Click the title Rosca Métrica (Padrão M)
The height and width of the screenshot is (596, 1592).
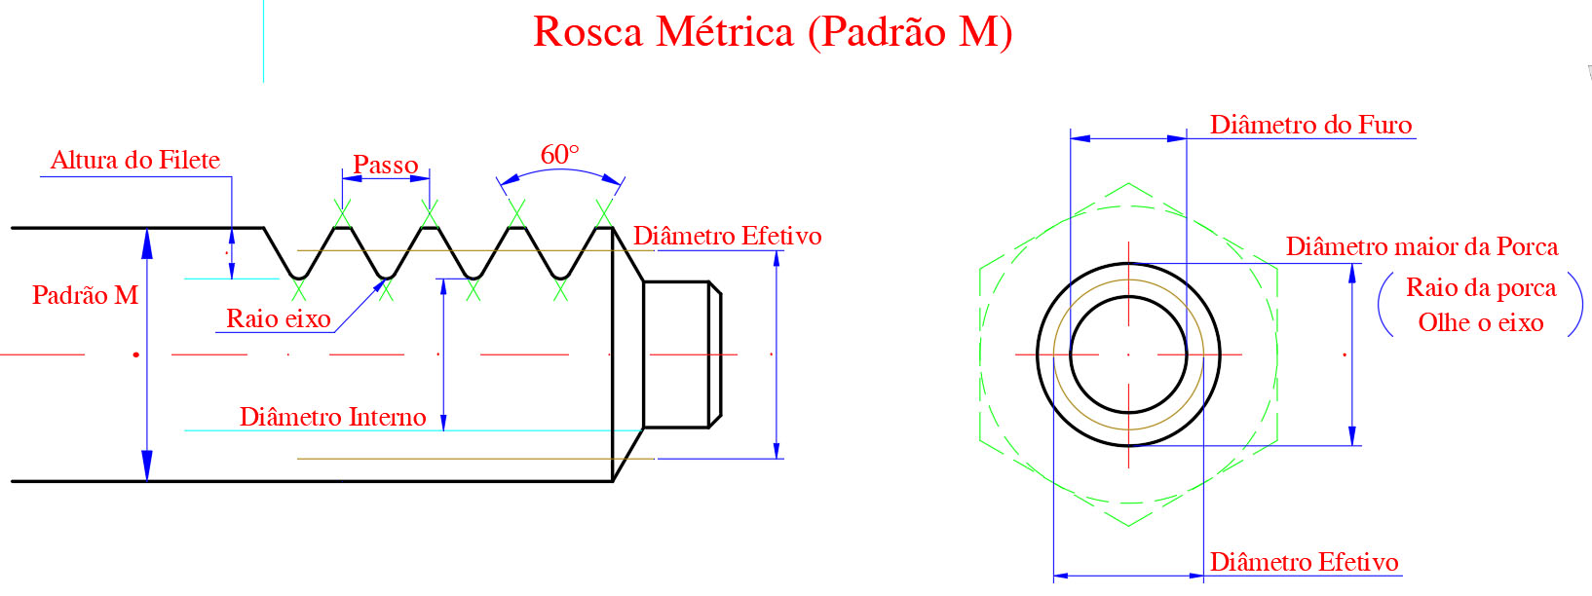[773, 33]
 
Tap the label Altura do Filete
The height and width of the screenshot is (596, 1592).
[135, 160]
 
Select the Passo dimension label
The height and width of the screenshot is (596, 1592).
[385, 165]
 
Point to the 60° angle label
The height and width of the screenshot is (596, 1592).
[559, 154]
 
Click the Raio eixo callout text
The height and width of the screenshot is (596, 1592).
[278, 318]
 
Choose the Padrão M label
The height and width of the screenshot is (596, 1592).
[86, 295]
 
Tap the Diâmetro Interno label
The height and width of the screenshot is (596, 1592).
[332, 416]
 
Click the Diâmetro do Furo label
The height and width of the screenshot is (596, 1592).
[1310, 125]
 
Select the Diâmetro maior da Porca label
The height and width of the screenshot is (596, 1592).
[1422, 246]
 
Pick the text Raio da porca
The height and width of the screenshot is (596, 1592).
[1481, 287]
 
